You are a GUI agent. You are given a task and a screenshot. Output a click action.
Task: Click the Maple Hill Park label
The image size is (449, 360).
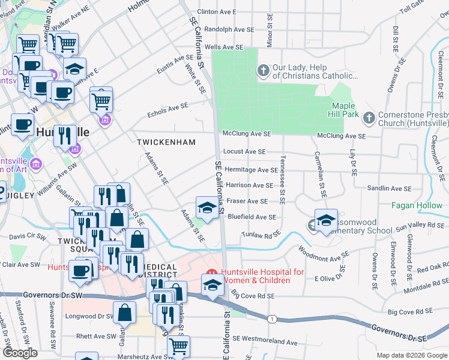click(x=345, y=110)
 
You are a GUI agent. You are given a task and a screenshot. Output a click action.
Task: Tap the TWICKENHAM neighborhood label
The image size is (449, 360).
click(x=166, y=142)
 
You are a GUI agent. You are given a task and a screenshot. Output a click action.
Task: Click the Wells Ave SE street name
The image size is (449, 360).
click(x=224, y=47)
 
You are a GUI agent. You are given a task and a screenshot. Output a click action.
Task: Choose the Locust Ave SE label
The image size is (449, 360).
click(x=244, y=152)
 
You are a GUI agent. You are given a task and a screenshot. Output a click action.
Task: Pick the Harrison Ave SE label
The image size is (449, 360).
click(x=249, y=185)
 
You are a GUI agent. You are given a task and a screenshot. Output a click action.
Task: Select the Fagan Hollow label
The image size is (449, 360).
click(x=416, y=205)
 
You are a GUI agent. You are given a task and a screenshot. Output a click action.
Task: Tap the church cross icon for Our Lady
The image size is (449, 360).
click(x=263, y=71)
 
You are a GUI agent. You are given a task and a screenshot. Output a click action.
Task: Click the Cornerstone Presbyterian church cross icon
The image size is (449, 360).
click(x=369, y=116)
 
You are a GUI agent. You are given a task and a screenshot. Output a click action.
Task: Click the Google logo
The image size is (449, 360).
click(x=20, y=353)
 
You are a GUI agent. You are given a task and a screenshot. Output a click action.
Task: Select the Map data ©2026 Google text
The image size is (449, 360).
click(x=411, y=355)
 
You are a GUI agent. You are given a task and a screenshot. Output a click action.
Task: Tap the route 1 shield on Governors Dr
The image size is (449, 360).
click(x=272, y=318)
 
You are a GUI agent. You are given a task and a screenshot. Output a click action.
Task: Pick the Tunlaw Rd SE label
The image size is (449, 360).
click(x=261, y=235)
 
